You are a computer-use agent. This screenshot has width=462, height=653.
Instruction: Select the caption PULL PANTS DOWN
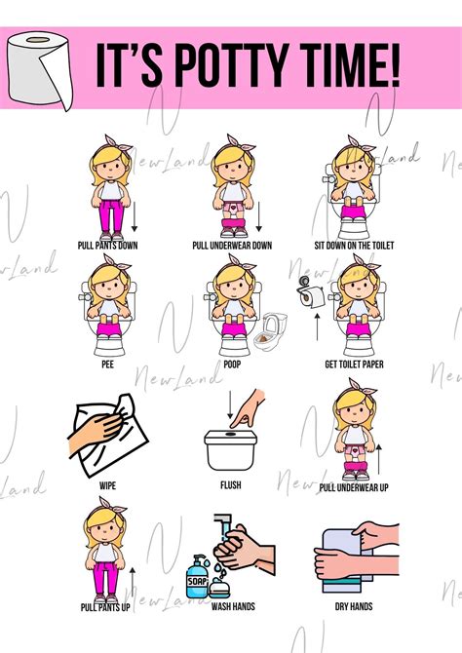108,246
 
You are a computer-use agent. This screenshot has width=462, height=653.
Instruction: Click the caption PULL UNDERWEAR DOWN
232,246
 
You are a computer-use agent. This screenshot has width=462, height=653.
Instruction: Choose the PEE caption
107,365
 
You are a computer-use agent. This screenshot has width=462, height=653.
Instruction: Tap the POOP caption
232,365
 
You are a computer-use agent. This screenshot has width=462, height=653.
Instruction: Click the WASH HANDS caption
232,605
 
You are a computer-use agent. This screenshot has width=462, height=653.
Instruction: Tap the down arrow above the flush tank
231,404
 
